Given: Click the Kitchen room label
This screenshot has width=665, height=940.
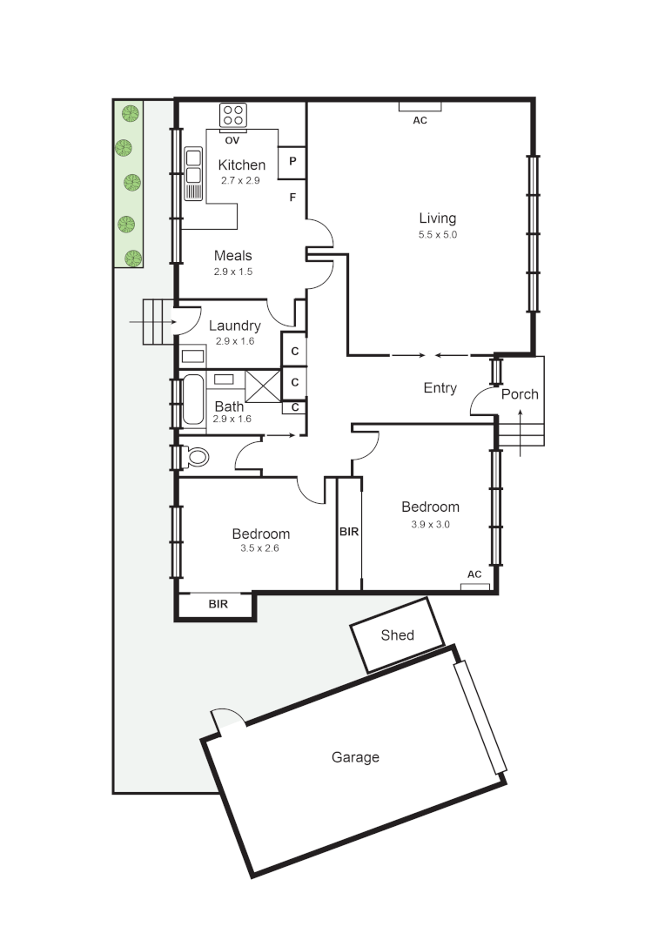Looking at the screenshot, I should [x=241, y=165].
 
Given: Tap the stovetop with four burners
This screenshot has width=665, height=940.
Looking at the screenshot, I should [x=233, y=115].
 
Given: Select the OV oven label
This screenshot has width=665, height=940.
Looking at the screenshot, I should [x=232, y=140].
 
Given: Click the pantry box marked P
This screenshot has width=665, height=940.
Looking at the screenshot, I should [x=292, y=162].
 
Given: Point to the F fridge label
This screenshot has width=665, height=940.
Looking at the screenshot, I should [x=292, y=198].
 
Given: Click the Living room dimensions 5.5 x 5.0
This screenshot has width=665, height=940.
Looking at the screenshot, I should [x=437, y=235].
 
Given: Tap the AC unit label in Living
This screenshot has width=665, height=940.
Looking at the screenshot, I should [x=420, y=120].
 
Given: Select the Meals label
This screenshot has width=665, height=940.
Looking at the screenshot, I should [x=233, y=256].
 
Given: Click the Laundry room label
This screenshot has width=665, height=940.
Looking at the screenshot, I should [x=234, y=326].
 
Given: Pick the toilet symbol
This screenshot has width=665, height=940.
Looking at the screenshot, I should [x=196, y=456].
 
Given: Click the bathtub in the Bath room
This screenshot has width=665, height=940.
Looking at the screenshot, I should [x=192, y=399].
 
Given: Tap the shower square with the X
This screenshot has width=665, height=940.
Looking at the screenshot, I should [x=263, y=385].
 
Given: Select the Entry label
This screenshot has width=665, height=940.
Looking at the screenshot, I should [x=440, y=388].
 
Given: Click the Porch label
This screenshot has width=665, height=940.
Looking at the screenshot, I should [x=520, y=394].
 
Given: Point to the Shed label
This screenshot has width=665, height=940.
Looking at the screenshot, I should [x=398, y=635].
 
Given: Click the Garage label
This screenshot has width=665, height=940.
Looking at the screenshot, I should [x=355, y=757].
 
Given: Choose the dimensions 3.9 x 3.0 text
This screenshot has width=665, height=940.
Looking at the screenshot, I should [x=430, y=525].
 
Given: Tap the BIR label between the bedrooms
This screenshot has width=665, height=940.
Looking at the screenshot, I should [x=349, y=530].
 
